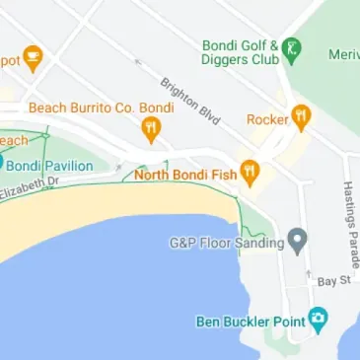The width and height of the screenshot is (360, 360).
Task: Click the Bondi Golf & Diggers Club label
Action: [x=239, y=51]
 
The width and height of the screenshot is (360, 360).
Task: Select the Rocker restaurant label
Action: [x=266, y=119]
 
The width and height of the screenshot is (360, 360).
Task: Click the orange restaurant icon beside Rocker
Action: [x=302, y=117]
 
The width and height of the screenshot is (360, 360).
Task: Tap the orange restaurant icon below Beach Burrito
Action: [x=150, y=127]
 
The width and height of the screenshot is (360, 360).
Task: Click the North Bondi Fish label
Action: [x=185, y=175]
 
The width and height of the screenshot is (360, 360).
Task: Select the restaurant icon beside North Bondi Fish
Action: [x=251, y=173]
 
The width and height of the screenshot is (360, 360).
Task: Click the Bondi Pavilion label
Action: [x=52, y=166]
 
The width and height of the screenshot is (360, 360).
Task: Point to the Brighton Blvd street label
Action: [x=178, y=99]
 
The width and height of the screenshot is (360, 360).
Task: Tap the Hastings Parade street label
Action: [x=350, y=225]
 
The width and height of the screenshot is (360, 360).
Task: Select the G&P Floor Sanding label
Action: [x=226, y=241]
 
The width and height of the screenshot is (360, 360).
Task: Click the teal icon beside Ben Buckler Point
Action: [x=318, y=319]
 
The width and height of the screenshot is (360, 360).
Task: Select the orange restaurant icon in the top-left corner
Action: [x=33, y=58]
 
